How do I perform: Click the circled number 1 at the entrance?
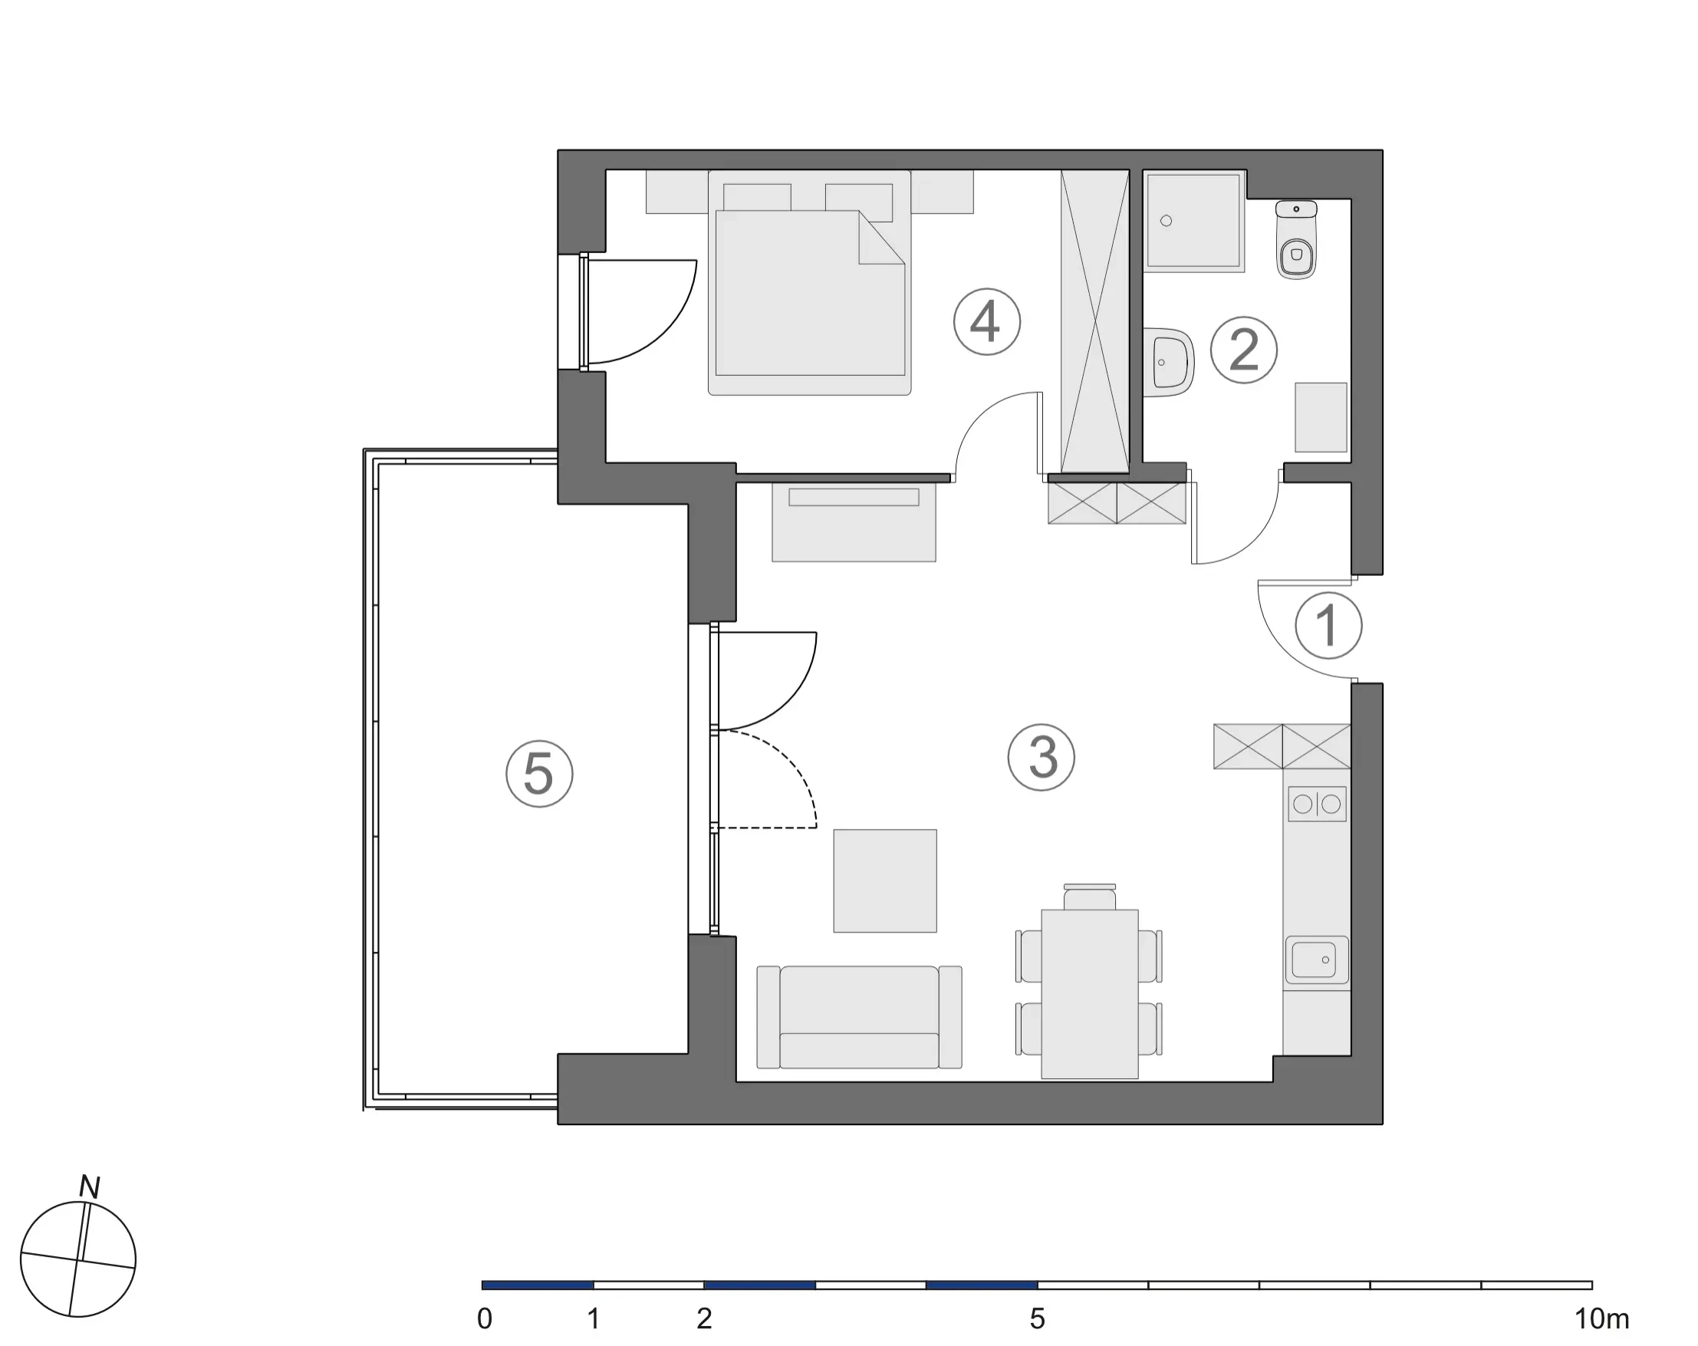pos(1328,625)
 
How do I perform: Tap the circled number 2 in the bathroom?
pos(1243,350)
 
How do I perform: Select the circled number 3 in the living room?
pos(1042,757)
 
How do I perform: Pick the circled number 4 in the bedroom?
pos(986,321)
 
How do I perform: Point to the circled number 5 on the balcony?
pos(538,773)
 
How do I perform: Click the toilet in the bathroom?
pos(1296,239)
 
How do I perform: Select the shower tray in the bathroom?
pos(1195,222)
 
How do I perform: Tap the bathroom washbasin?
pos(1169,362)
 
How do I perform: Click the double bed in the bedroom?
pos(810,283)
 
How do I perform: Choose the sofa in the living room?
pos(859,1017)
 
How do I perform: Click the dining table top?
pos(1089,994)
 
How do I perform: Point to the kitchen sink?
pos(1316,960)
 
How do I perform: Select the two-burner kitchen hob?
pos(1317,804)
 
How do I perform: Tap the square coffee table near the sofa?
pos(885,880)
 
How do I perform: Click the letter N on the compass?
pos(90,1187)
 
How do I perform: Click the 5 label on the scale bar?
pos(1037,1318)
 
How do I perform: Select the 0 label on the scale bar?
pos(485,1318)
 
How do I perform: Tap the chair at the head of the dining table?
pos(1089,897)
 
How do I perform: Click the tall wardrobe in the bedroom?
pos(1094,321)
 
